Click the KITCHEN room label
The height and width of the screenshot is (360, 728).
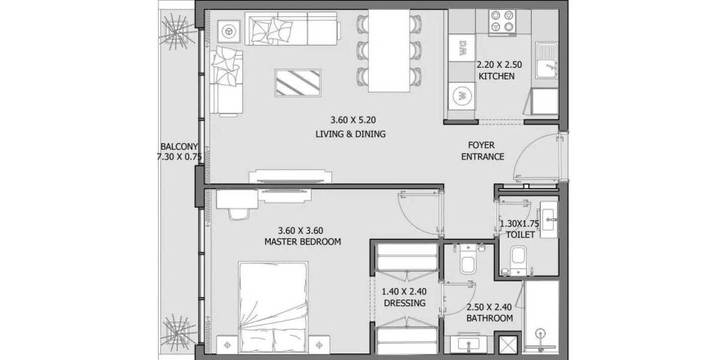497,76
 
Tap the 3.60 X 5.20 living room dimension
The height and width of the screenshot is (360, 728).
353,120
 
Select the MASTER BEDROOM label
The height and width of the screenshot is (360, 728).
303,241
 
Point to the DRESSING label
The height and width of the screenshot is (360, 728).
404,304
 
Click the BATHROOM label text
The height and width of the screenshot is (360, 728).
490,318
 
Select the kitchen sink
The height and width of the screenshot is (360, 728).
546,61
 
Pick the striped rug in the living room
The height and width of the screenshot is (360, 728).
298,83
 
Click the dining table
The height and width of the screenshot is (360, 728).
389,51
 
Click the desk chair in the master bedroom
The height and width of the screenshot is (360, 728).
239,214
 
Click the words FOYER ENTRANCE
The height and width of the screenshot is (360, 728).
483,151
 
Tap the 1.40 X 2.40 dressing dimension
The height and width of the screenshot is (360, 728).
404,292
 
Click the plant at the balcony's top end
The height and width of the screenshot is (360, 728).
176,31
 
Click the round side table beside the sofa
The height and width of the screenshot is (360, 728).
227,31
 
